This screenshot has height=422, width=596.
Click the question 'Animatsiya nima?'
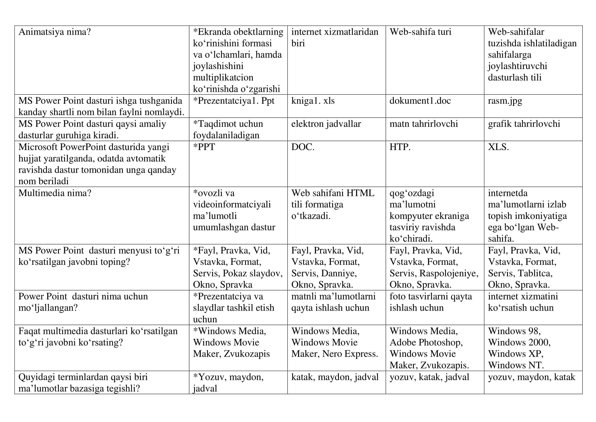click(x=55, y=32)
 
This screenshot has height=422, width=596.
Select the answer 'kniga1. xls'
click(x=313, y=101)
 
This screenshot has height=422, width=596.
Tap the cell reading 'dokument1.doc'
click(x=420, y=101)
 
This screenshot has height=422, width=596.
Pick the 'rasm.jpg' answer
click(x=505, y=101)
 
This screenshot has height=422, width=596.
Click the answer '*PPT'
click(x=204, y=147)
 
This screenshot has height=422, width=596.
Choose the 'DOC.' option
click(x=303, y=147)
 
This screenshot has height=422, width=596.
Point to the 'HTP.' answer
click(x=400, y=147)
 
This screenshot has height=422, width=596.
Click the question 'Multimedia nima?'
click(x=55, y=193)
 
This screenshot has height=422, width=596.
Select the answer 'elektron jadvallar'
click(x=326, y=124)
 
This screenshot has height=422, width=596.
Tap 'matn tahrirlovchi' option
click(x=424, y=124)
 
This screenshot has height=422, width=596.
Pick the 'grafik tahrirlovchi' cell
click(x=524, y=124)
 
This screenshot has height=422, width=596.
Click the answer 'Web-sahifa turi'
click(x=420, y=32)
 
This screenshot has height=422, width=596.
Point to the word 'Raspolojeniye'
click(x=448, y=273)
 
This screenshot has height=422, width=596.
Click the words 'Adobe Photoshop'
click(x=426, y=342)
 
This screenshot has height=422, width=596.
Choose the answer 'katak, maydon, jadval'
click(x=335, y=377)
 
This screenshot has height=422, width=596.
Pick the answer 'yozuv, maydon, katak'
click(x=531, y=377)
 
